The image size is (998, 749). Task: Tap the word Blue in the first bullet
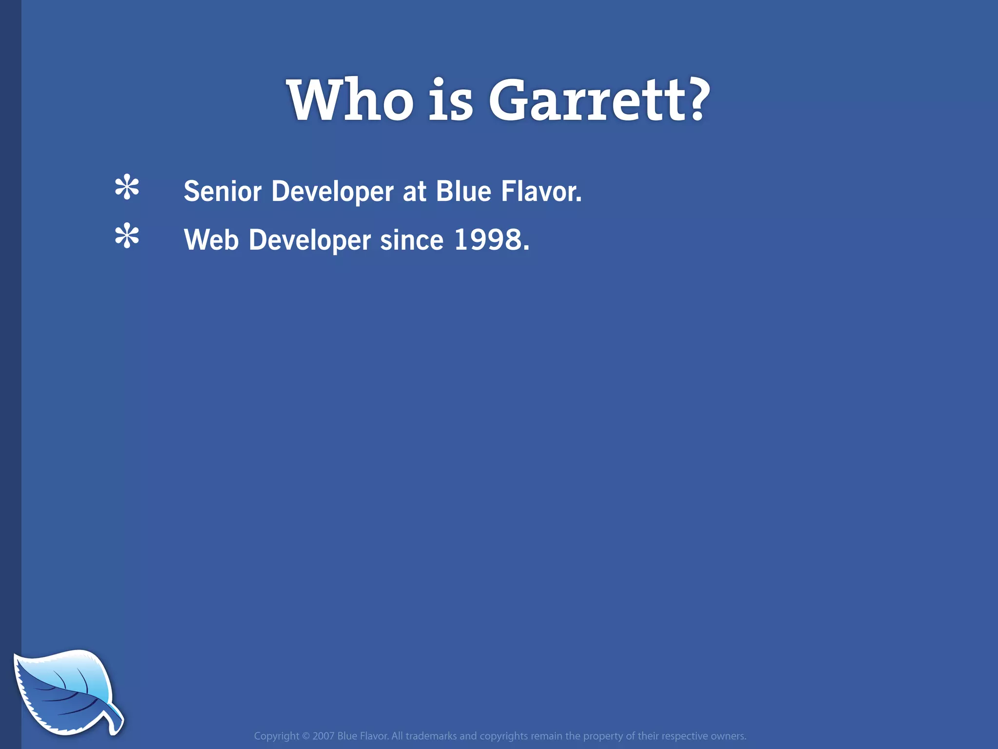[463, 191]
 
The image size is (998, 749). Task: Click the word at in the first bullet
[414, 192]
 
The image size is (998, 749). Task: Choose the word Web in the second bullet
[211, 240]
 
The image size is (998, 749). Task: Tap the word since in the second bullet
[412, 240]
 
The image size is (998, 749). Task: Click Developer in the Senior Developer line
[332, 192]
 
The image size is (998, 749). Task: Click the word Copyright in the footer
[276, 736]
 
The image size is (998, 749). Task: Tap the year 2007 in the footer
[323, 736]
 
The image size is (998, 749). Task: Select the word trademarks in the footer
[431, 736]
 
